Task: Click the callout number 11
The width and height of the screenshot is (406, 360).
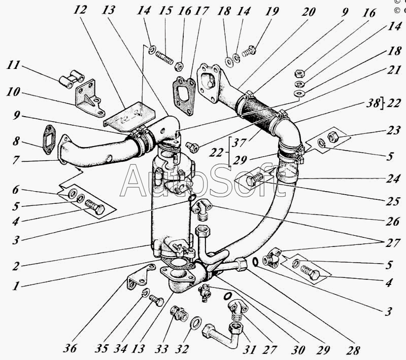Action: [14, 65]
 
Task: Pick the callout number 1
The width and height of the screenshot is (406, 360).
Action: [16, 285]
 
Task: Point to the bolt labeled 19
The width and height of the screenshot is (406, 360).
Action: [249, 50]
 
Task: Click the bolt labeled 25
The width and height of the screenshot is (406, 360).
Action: [253, 179]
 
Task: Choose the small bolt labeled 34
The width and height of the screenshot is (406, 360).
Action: [155, 301]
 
